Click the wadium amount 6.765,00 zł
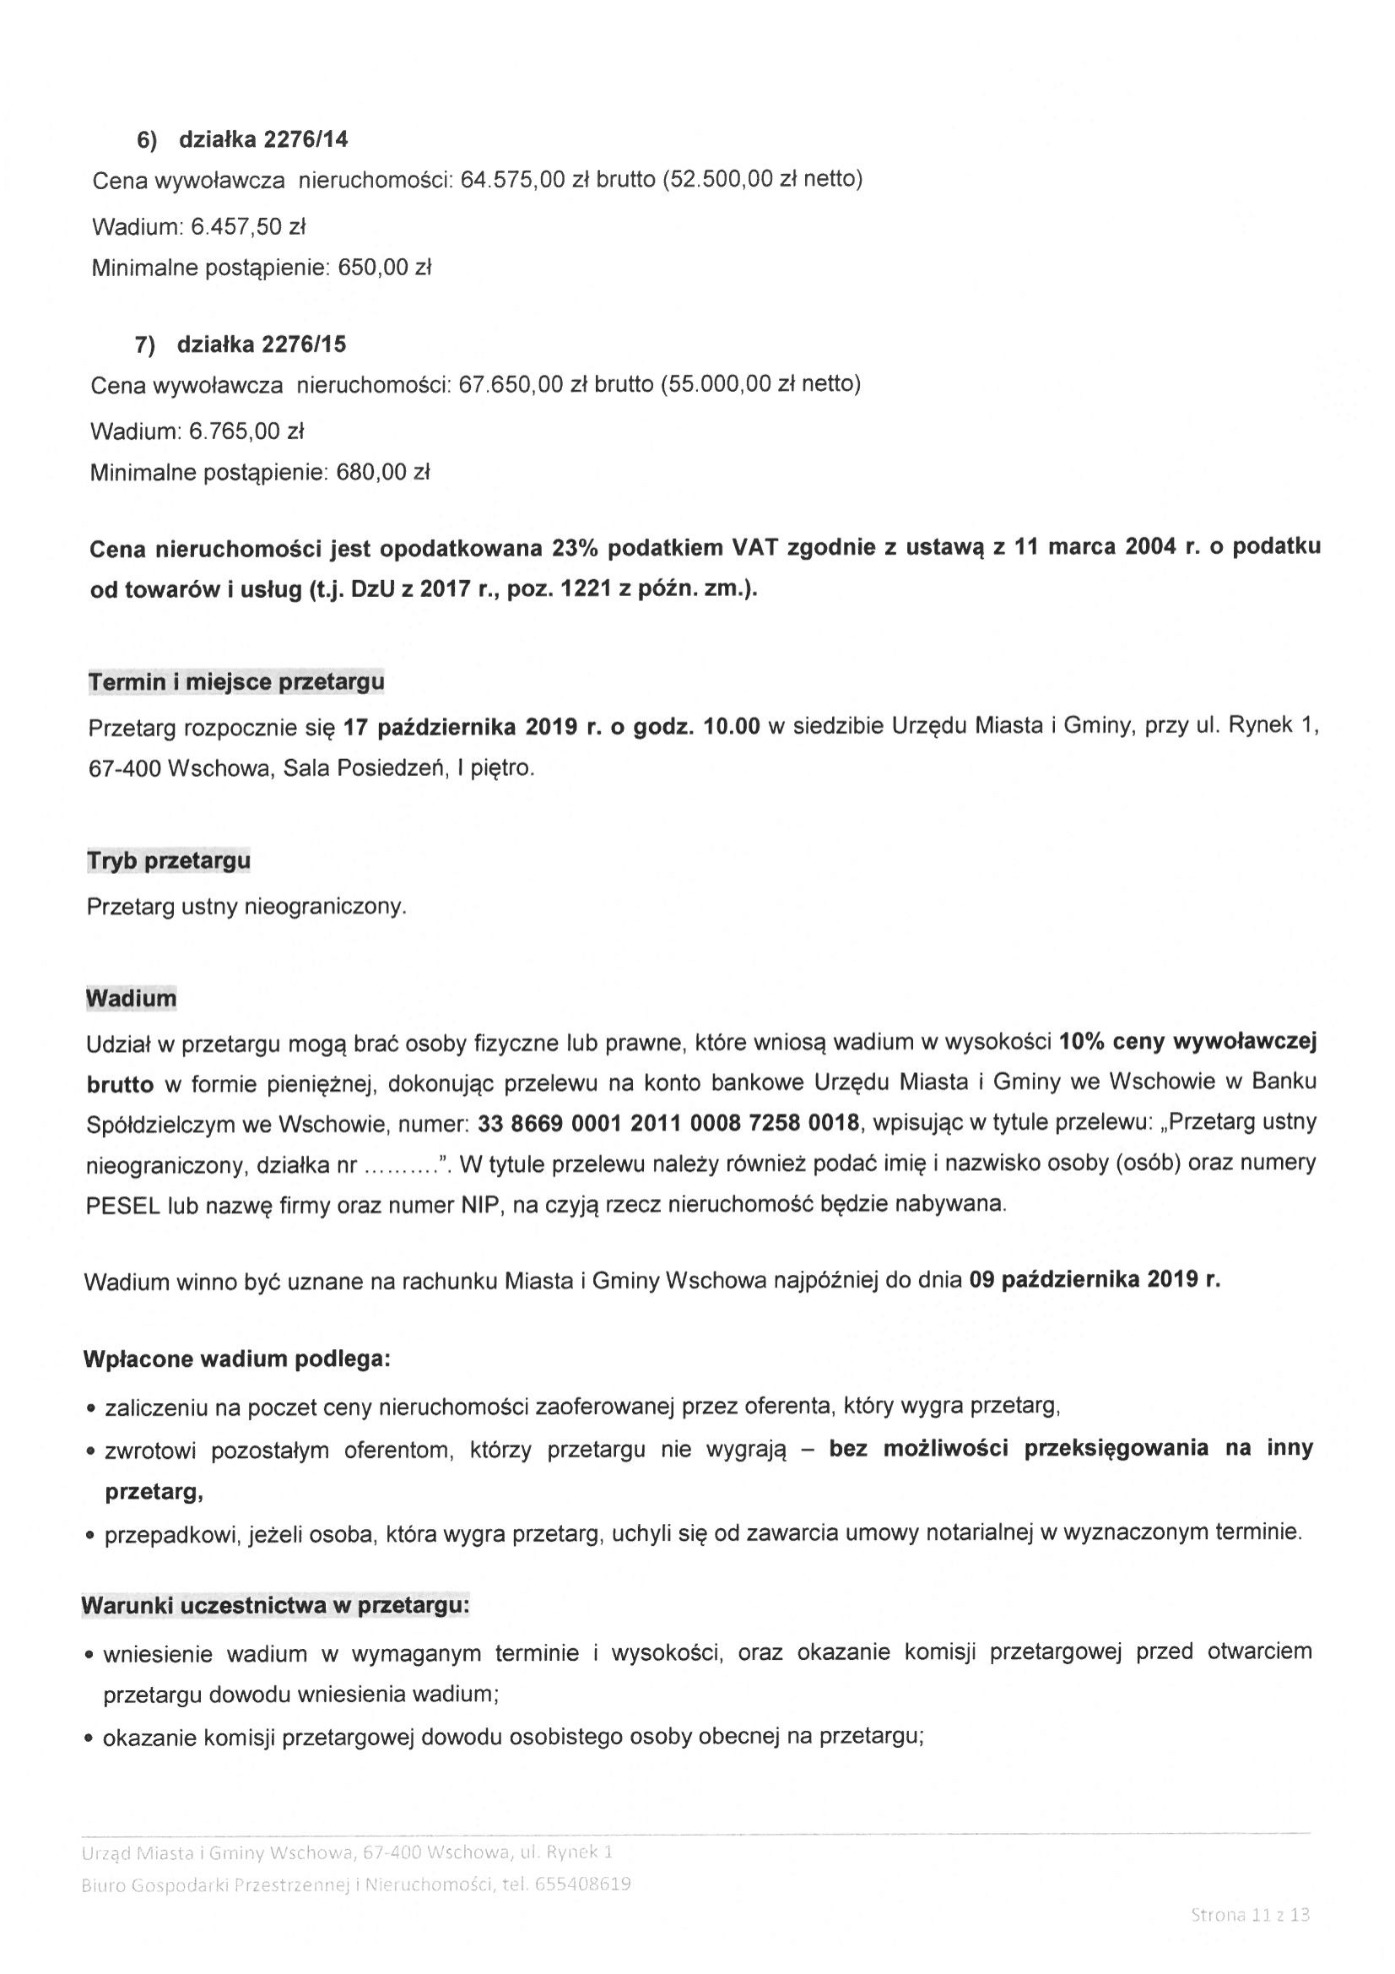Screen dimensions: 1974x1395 coord(246,431)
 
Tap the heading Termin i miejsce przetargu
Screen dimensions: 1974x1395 coord(236,682)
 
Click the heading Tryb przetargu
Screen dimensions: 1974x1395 coord(169,860)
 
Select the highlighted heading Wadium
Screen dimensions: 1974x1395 coord(131,998)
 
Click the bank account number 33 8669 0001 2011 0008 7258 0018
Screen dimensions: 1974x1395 coord(667,1123)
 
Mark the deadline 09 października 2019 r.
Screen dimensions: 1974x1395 coord(1095,1279)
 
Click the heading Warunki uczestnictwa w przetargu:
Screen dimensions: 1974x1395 coord(275,1605)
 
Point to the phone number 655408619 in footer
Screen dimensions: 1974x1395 coord(583,1885)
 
